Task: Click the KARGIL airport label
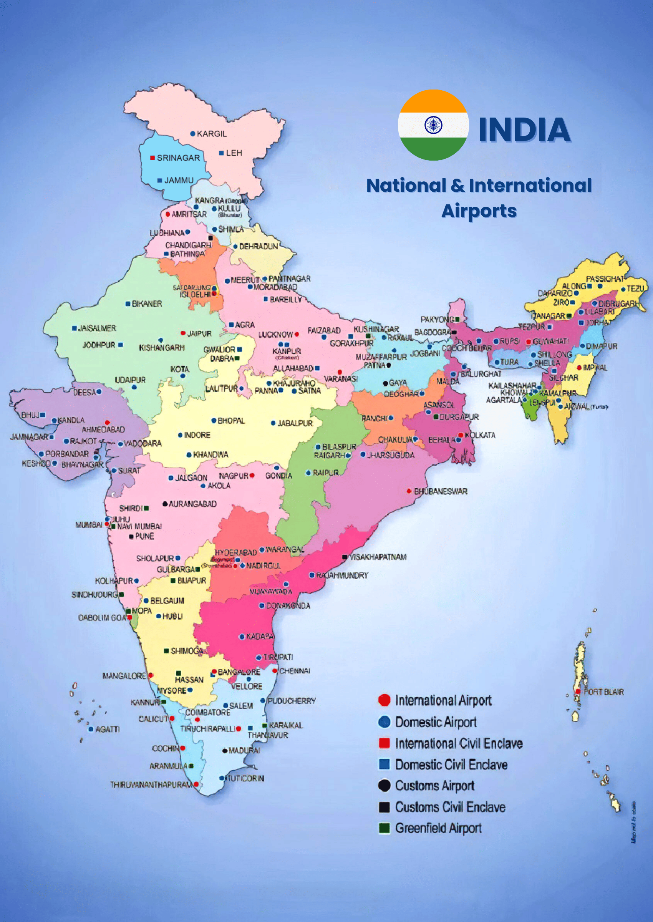coord(212,134)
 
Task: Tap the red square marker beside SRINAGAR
coord(152,158)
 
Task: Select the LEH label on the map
coord(234,153)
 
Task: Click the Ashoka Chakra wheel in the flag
coord(433,125)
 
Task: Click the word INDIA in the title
coord(524,130)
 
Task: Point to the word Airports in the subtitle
coord(479,211)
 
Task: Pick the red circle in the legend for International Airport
coord(385,700)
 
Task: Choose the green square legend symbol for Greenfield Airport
coord(385,828)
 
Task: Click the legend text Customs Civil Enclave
coord(450,807)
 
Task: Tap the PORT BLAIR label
coord(603,692)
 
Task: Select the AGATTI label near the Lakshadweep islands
coord(107,729)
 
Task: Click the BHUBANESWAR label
coord(440,491)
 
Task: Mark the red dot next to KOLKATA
coord(461,435)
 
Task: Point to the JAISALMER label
coord(97,328)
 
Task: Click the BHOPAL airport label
coord(231,421)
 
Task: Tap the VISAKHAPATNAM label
coord(378,557)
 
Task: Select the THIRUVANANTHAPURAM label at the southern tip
coord(152,784)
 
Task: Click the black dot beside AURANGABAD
coord(165,504)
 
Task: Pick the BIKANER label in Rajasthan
coord(147,304)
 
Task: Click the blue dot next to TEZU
coord(623,289)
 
